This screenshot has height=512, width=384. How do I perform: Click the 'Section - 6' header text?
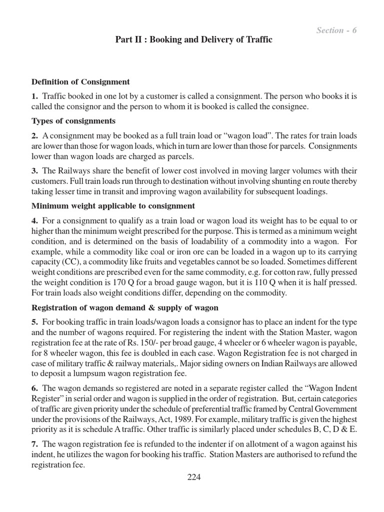[x=336, y=30]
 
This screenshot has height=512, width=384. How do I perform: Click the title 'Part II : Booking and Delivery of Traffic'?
[x=193, y=39]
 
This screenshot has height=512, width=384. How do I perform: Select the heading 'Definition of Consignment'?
[x=80, y=81]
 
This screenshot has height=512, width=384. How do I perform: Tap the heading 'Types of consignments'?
[x=73, y=121]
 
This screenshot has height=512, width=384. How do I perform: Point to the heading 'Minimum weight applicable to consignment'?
[x=113, y=205]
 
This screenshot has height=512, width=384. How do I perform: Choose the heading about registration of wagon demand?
[x=125, y=307]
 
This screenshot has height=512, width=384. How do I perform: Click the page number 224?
[x=193, y=477]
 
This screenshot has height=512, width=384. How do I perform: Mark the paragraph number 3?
[x=34, y=170]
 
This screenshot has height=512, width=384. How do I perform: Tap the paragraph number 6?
[x=34, y=388]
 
